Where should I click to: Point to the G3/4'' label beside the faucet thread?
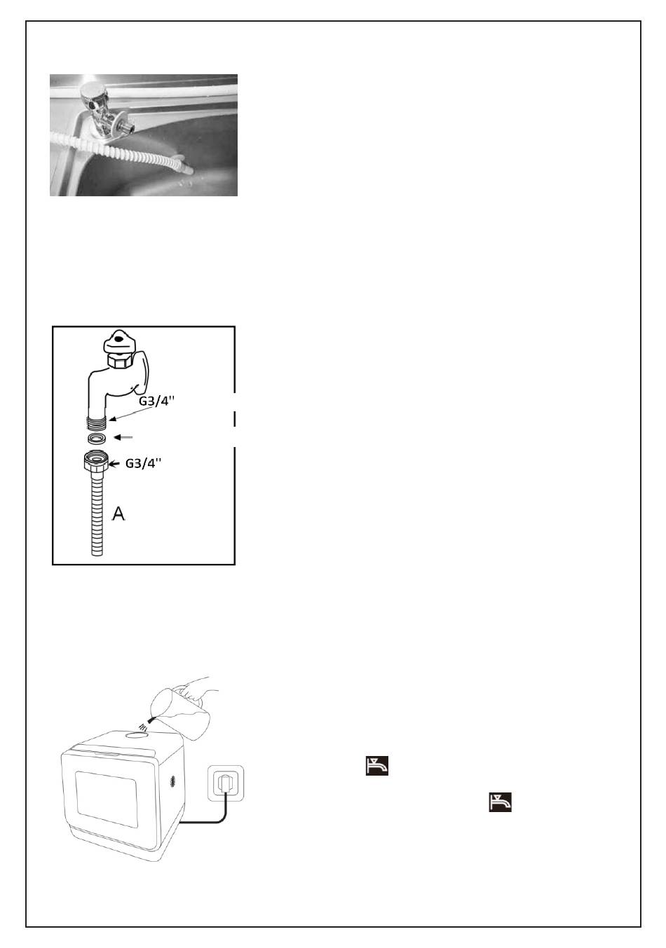click(156, 400)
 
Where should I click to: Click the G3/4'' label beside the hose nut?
click(144, 463)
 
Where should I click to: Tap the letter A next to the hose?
click(118, 514)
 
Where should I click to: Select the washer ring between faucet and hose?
click(97, 438)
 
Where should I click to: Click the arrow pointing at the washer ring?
click(124, 437)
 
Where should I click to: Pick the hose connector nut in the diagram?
click(97, 460)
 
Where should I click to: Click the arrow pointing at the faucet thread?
click(131, 413)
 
